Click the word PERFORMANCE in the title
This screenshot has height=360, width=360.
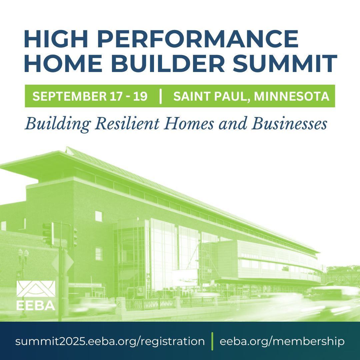pyautogui.click(x=198, y=39)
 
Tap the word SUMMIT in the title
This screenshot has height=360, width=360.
pyautogui.click(x=285, y=63)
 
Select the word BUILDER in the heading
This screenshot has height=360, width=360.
pyautogui.click(x=168, y=63)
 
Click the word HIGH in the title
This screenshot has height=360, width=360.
pyautogui.click(x=56, y=39)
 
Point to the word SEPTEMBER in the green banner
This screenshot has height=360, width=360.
pyautogui.click(x=70, y=96)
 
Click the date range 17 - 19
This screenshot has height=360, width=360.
pyautogui.click(x=128, y=96)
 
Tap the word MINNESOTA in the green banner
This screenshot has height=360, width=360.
pyautogui.click(x=292, y=96)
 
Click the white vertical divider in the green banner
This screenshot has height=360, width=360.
pyautogui.click(x=160, y=96)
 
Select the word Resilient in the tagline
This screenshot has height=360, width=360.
pyautogui.click(x=127, y=124)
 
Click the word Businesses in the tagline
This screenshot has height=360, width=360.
pyautogui.click(x=289, y=124)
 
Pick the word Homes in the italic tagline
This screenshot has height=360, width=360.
pyautogui.click(x=188, y=124)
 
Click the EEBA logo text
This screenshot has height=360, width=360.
pyautogui.click(x=36, y=305)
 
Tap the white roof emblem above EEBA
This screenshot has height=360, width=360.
pyautogui.click(x=36, y=289)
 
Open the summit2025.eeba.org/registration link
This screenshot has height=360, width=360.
pyautogui.click(x=110, y=341)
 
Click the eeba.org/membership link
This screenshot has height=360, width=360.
pyautogui.click(x=282, y=341)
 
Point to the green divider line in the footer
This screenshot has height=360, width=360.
pyautogui.click(x=212, y=341)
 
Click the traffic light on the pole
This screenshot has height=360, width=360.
pyautogui.click(x=48, y=234)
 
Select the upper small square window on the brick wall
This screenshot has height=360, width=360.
pyautogui.click(x=99, y=216)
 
